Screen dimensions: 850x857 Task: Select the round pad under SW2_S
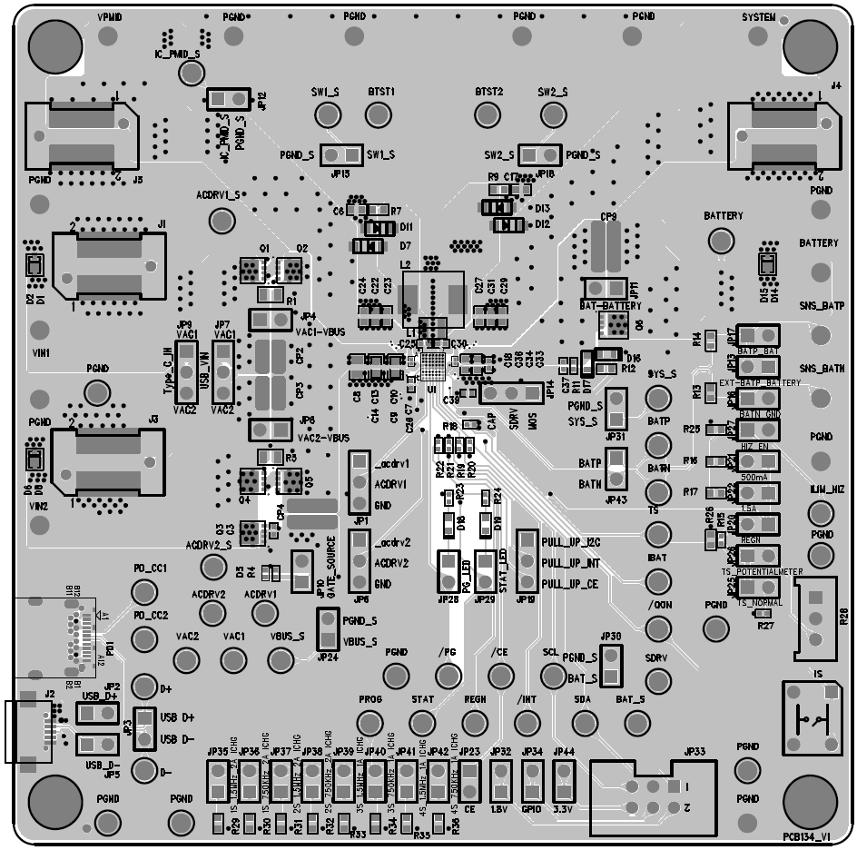tap(552, 114)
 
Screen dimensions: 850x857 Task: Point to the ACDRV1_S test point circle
tap(221, 219)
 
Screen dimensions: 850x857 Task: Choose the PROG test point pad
tap(369, 723)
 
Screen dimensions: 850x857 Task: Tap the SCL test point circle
tap(552, 675)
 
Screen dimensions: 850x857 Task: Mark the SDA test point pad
tap(584, 723)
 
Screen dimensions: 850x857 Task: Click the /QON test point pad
tap(658, 626)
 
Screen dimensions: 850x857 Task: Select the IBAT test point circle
tap(658, 578)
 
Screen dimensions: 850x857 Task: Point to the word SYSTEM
tap(759, 17)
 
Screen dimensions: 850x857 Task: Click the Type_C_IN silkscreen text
tap(168, 370)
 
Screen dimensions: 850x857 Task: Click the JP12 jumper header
tap(228, 98)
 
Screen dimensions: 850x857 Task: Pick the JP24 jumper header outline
tap(328, 629)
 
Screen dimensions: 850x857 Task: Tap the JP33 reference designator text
tap(694, 752)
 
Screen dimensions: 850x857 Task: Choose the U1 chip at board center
tap(434, 368)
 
